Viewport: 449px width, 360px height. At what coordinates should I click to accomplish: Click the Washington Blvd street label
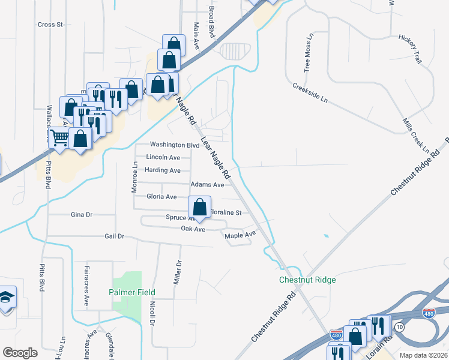[x=174, y=145]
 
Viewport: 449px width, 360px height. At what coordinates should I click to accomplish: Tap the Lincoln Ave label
[x=163, y=157]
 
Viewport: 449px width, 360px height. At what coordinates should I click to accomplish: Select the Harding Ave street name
[x=162, y=170]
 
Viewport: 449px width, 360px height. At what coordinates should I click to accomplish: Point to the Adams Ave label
[x=207, y=185]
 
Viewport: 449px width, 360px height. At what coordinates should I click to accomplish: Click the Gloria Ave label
[x=161, y=196]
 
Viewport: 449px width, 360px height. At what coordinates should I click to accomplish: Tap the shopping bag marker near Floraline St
[x=199, y=208]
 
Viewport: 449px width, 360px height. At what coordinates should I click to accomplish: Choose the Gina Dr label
[x=82, y=214]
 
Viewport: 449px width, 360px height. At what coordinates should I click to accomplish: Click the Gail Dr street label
[x=114, y=236]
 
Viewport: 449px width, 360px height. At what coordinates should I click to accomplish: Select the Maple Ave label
[x=240, y=235]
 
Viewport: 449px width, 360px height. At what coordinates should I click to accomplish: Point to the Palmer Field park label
[x=131, y=292]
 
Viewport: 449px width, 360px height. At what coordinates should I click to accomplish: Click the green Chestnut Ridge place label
[x=307, y=280]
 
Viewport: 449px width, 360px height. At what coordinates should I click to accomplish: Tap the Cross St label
[x=50, y=25]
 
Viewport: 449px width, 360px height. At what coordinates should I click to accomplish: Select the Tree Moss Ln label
[x=309, y=53]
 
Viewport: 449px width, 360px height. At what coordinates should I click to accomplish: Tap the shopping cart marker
[x=59, y=137]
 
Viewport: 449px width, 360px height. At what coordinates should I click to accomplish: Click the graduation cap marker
[x=6, y=298]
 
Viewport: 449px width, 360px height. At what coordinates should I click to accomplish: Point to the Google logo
[x=20, y=353]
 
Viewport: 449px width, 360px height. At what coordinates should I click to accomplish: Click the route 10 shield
[x=399, y=326]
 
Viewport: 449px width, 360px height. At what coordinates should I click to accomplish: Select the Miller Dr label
[x=178, y=272]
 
